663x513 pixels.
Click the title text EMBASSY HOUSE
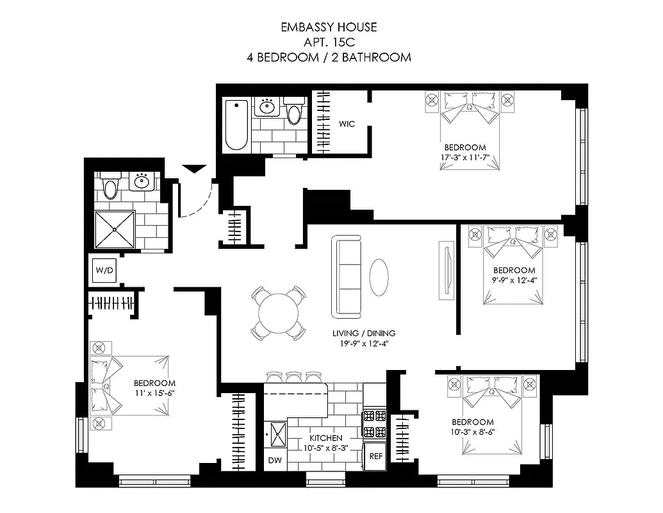pyautogui.click(x=329, y=27)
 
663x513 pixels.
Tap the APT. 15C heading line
pyautogui.click(x=329, y=42)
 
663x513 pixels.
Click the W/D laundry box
pyautogui.click(x=104, y=271)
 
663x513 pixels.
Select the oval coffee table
pyautogui.click(x=379, y=276)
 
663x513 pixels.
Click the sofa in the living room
pyautogui.click(x=347, y=276)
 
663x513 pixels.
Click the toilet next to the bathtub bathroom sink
pyautogui.click(x=294, y=112)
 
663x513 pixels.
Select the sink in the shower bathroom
pyautogui.click(x=140, y=183)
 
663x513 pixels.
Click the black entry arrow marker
pyautogui.click(x=195, y=169)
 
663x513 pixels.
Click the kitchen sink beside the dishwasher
pyautogui.click(x=278, y=434)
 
